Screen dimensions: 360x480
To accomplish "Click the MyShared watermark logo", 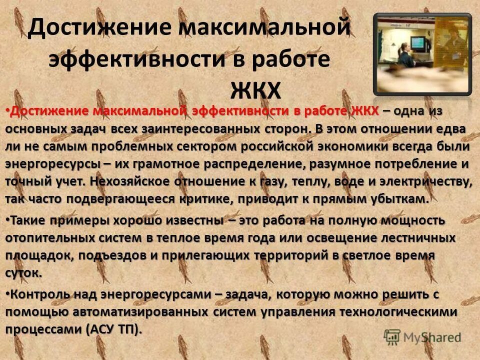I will point(422,336).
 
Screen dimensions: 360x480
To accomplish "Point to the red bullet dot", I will point(7,111).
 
